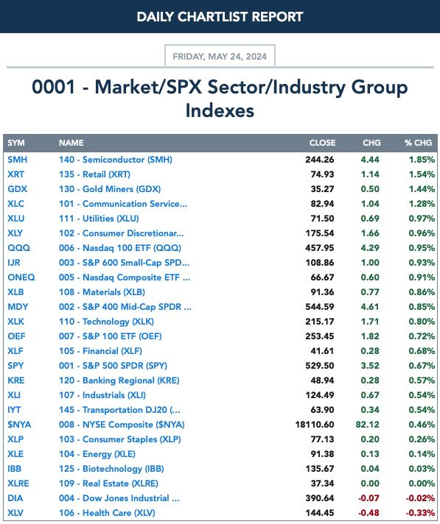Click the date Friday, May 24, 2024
tap(220, 56)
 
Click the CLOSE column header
tap(322, 143)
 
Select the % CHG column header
tap(418, 143)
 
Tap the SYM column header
tap(16, 143)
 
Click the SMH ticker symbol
tap(18, 160)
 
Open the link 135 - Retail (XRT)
tap(94, 174)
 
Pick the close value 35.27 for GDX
tap(322, 189)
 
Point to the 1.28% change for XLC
tap(422, 204)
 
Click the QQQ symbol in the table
tap(18, 247)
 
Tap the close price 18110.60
tap(315, 425)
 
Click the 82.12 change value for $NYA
tap(367, 425)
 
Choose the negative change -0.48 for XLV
tap(369, 513)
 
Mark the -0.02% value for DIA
tap(420, 498)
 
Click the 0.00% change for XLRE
tap(422, 484)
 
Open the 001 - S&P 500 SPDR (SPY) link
tap(113, 366)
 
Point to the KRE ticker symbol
tap(16, 380)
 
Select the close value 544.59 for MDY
tap(320, 306)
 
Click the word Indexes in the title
tap(220, 110)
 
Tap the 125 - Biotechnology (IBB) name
tap(111, 469)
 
